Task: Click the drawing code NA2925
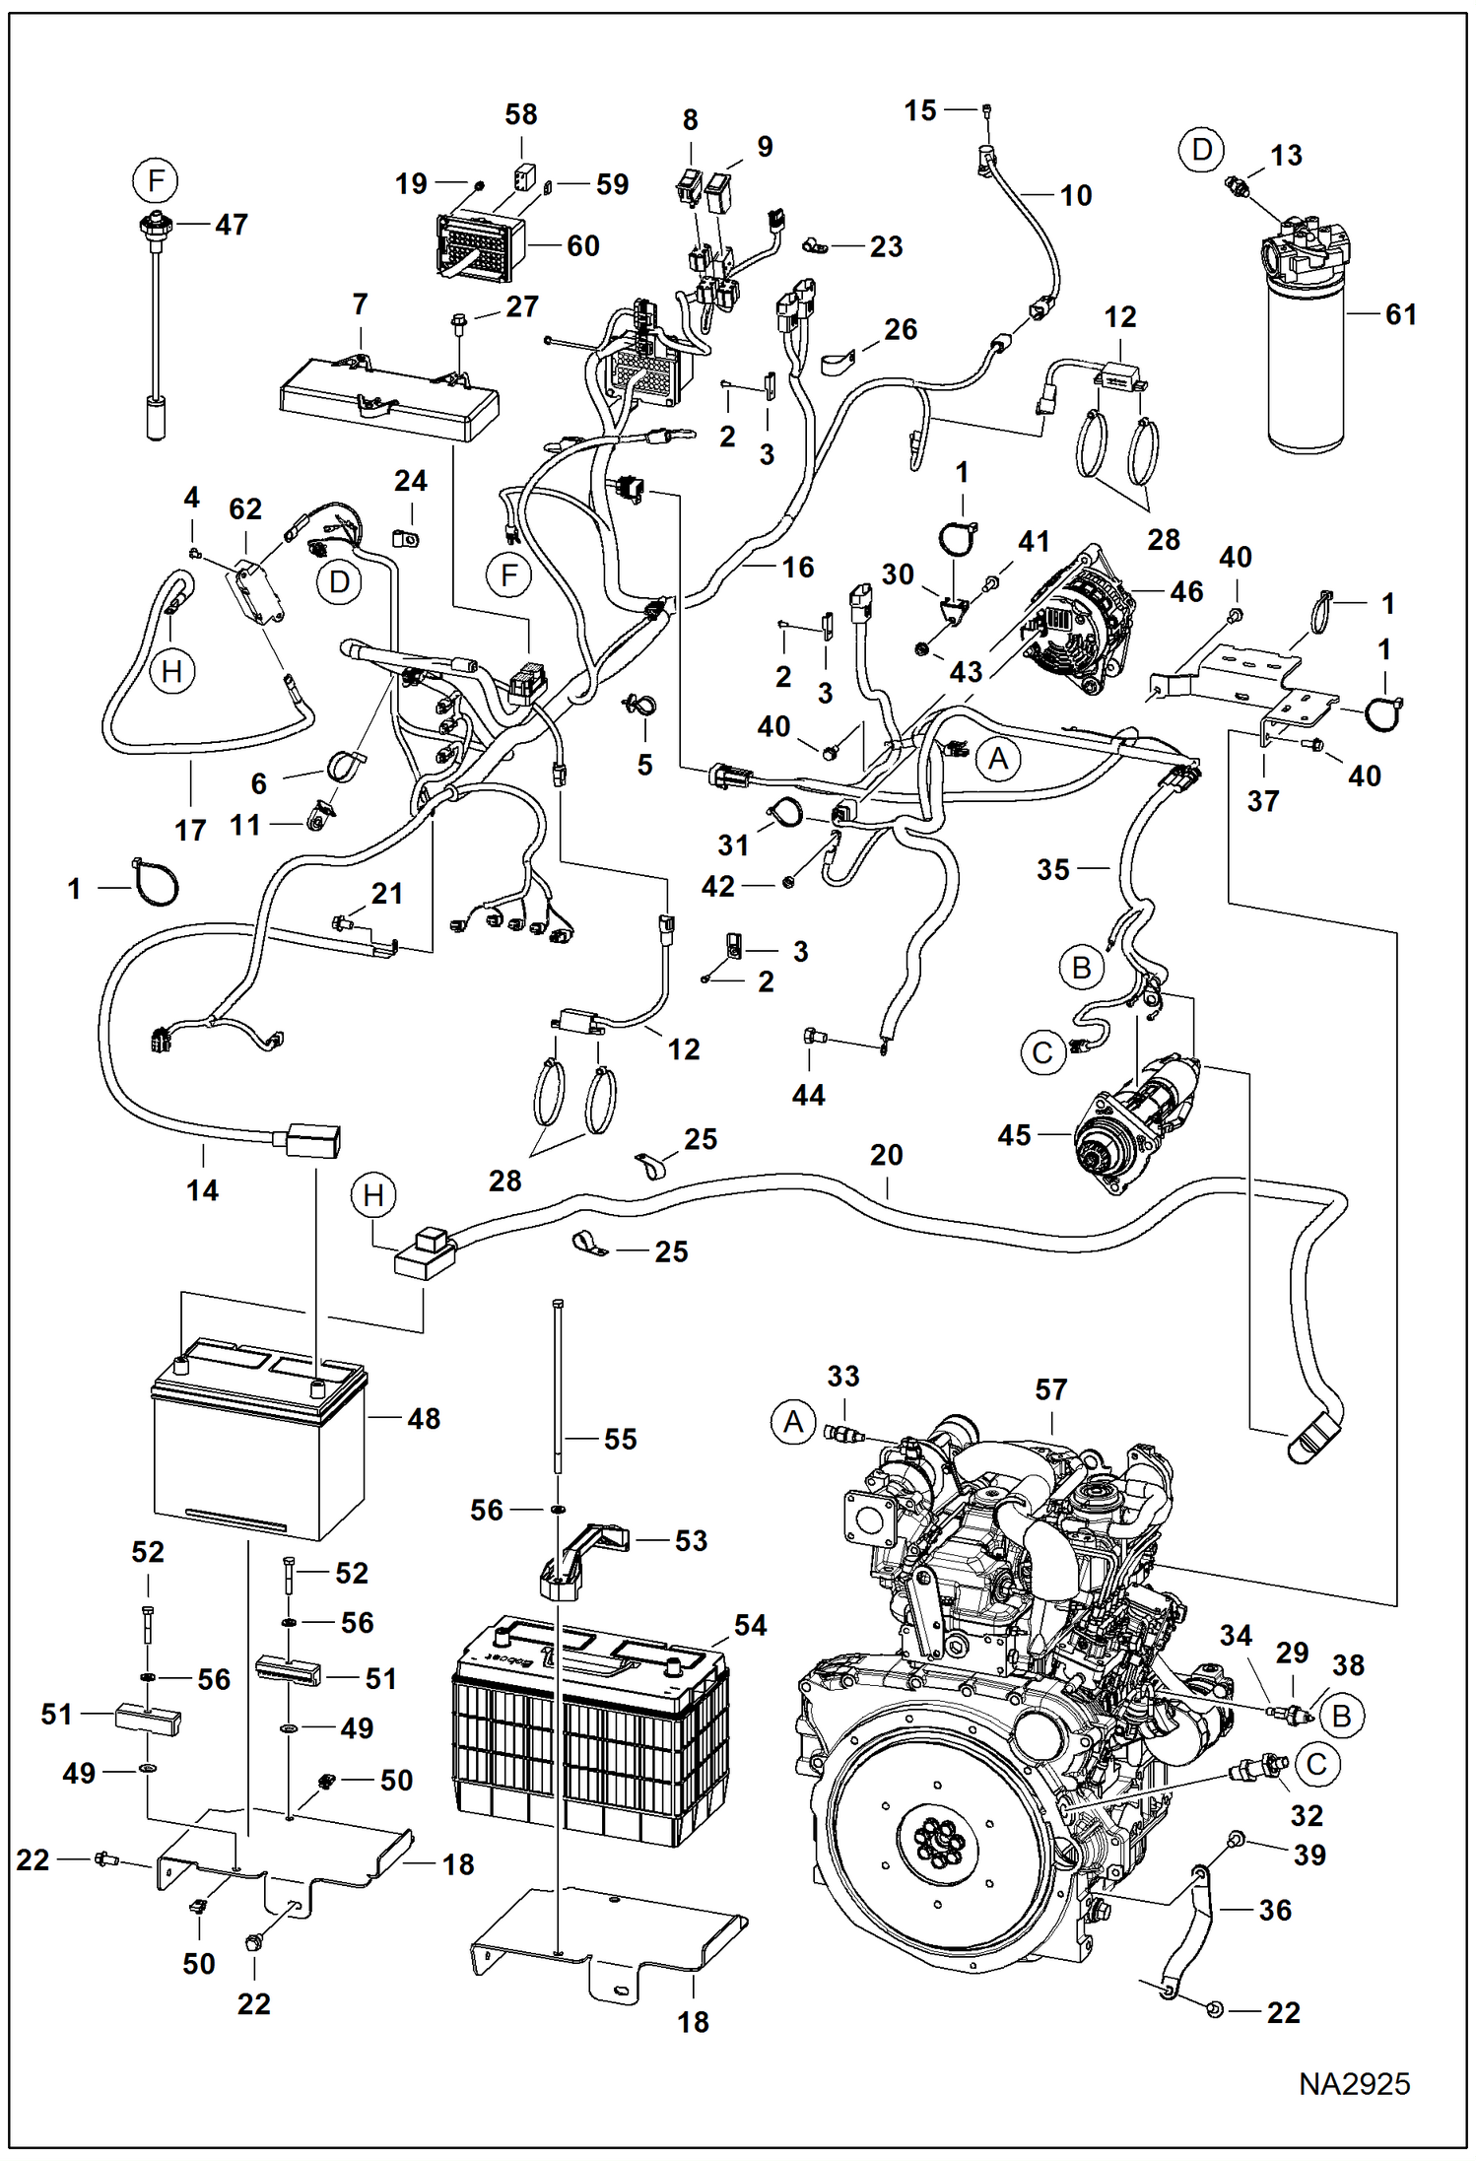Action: (1354, 2083)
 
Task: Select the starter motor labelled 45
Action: (1133, 1124)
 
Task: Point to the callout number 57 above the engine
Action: (1050, 1389)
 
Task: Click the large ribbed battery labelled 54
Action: (591, 1733)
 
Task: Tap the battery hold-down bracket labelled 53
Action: (585, 1556)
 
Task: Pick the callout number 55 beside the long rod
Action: (620, 1439)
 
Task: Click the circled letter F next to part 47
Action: (156, 181)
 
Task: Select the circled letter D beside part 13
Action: (1201, 150)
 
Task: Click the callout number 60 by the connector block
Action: (582, 245)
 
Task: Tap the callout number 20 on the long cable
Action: (886, 1155)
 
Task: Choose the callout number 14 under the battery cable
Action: (202, 1190)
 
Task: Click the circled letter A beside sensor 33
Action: (793, 1423)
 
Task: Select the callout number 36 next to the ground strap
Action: (1274, 1910)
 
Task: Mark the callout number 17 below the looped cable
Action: (190, 831)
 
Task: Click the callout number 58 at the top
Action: (520, 114)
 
